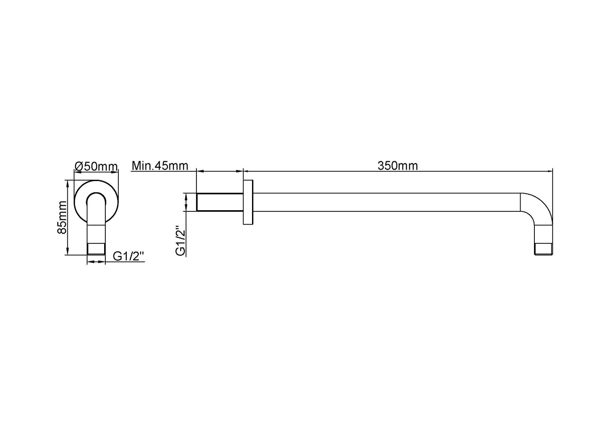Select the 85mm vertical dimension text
point(62,217)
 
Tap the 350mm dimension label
point(397,166)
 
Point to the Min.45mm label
point(160,166)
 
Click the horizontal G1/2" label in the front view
point(129,256)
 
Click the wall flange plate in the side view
point(248,202)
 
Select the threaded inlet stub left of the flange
point(219,202)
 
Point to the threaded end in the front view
point(96,249)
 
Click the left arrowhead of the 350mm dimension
point(247,171)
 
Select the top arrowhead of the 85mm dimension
point(67,182)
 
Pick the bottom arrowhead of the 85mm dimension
point(67,252)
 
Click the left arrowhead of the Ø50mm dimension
point(76,171)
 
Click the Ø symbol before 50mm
point(78,166)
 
